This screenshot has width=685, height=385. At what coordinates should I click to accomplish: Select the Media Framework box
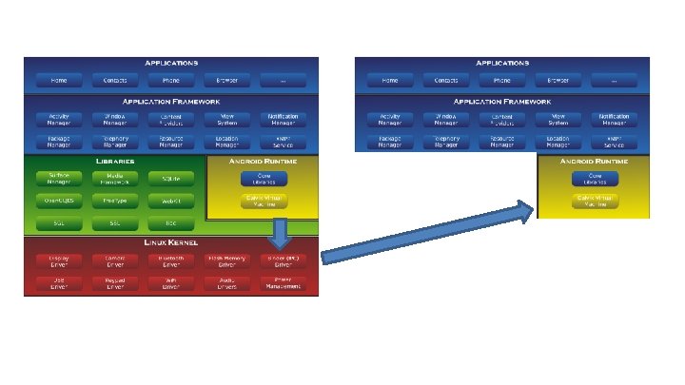114,178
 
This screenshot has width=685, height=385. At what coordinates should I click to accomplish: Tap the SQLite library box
171,178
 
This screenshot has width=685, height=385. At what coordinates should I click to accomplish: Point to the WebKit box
171,201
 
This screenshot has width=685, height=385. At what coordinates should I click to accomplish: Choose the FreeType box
114,201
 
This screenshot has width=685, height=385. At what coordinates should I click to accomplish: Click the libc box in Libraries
171,223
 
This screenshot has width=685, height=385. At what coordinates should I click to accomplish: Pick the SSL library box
114,223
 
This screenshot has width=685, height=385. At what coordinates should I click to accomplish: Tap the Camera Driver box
114,260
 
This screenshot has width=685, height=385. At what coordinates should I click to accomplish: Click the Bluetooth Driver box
171,260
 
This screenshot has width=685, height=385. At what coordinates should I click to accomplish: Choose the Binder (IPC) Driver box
283,260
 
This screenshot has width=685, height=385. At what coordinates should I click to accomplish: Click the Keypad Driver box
114,282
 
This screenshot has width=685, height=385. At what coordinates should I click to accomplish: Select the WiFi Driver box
171,282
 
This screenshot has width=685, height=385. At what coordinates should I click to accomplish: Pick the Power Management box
283,282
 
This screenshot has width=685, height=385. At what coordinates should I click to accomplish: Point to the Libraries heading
114,162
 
